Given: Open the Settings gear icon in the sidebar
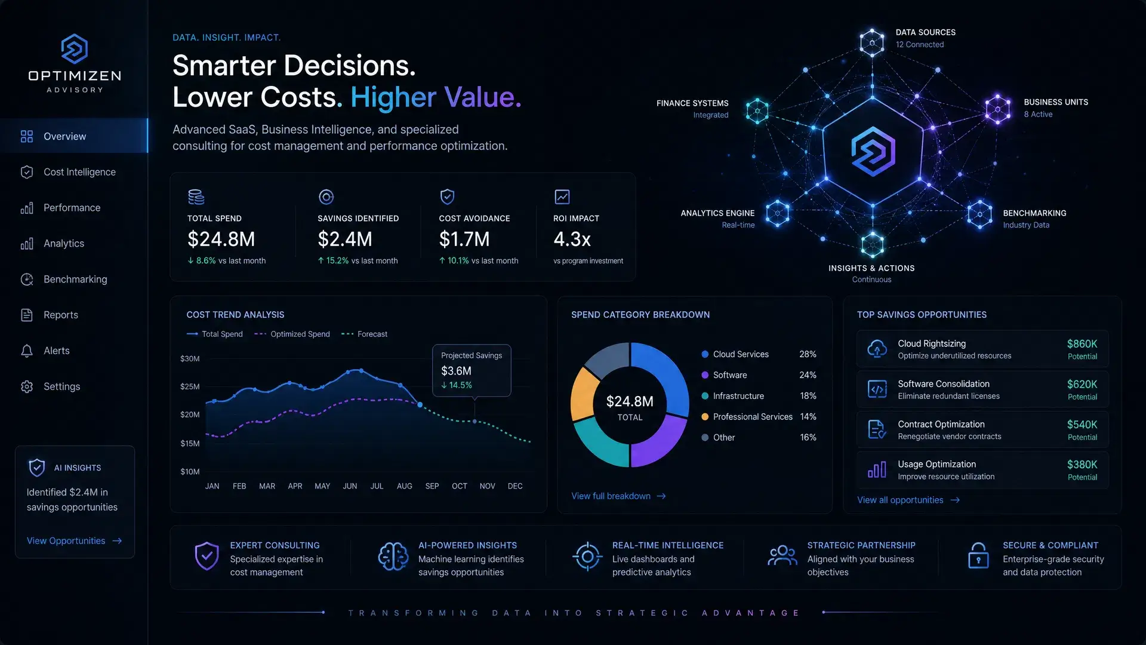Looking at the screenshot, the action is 27,386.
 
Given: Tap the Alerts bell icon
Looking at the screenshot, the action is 27,351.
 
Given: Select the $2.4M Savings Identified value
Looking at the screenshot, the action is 345,239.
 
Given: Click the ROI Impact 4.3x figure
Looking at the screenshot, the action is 572,239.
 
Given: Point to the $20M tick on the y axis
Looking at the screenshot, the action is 190,414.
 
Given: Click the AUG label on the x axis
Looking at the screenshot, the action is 405,486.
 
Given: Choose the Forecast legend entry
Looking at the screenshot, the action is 364,334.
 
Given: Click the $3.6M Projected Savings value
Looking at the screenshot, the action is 456,371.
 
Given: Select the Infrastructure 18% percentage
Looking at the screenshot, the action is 808,396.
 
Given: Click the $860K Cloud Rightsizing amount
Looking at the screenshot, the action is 1082,343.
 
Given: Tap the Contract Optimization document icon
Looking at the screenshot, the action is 876,429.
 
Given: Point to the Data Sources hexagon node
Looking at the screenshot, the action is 872,42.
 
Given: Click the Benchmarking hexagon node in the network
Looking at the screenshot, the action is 979,214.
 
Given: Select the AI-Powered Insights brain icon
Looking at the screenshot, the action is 393,557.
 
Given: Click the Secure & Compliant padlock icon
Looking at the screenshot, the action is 978,556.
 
